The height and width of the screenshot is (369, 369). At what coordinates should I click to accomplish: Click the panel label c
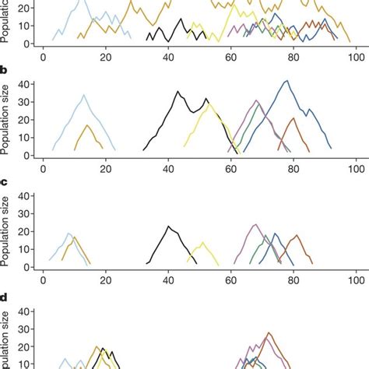(x=5, y=182)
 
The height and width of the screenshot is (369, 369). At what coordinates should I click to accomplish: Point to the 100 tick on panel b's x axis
(x=356, y=167)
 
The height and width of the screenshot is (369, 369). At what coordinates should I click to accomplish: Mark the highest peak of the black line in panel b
(x=177, y=92)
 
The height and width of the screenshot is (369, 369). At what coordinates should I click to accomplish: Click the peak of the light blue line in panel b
(x=84, y=95)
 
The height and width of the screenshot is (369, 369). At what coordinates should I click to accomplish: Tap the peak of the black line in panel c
(x=169, y=226)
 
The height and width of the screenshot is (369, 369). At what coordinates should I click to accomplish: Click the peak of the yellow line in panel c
(x=203, y=242)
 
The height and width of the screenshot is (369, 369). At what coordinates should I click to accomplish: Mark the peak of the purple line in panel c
(x=255, y=224)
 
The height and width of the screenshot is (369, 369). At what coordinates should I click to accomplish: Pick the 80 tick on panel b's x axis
(x=293, y=167)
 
